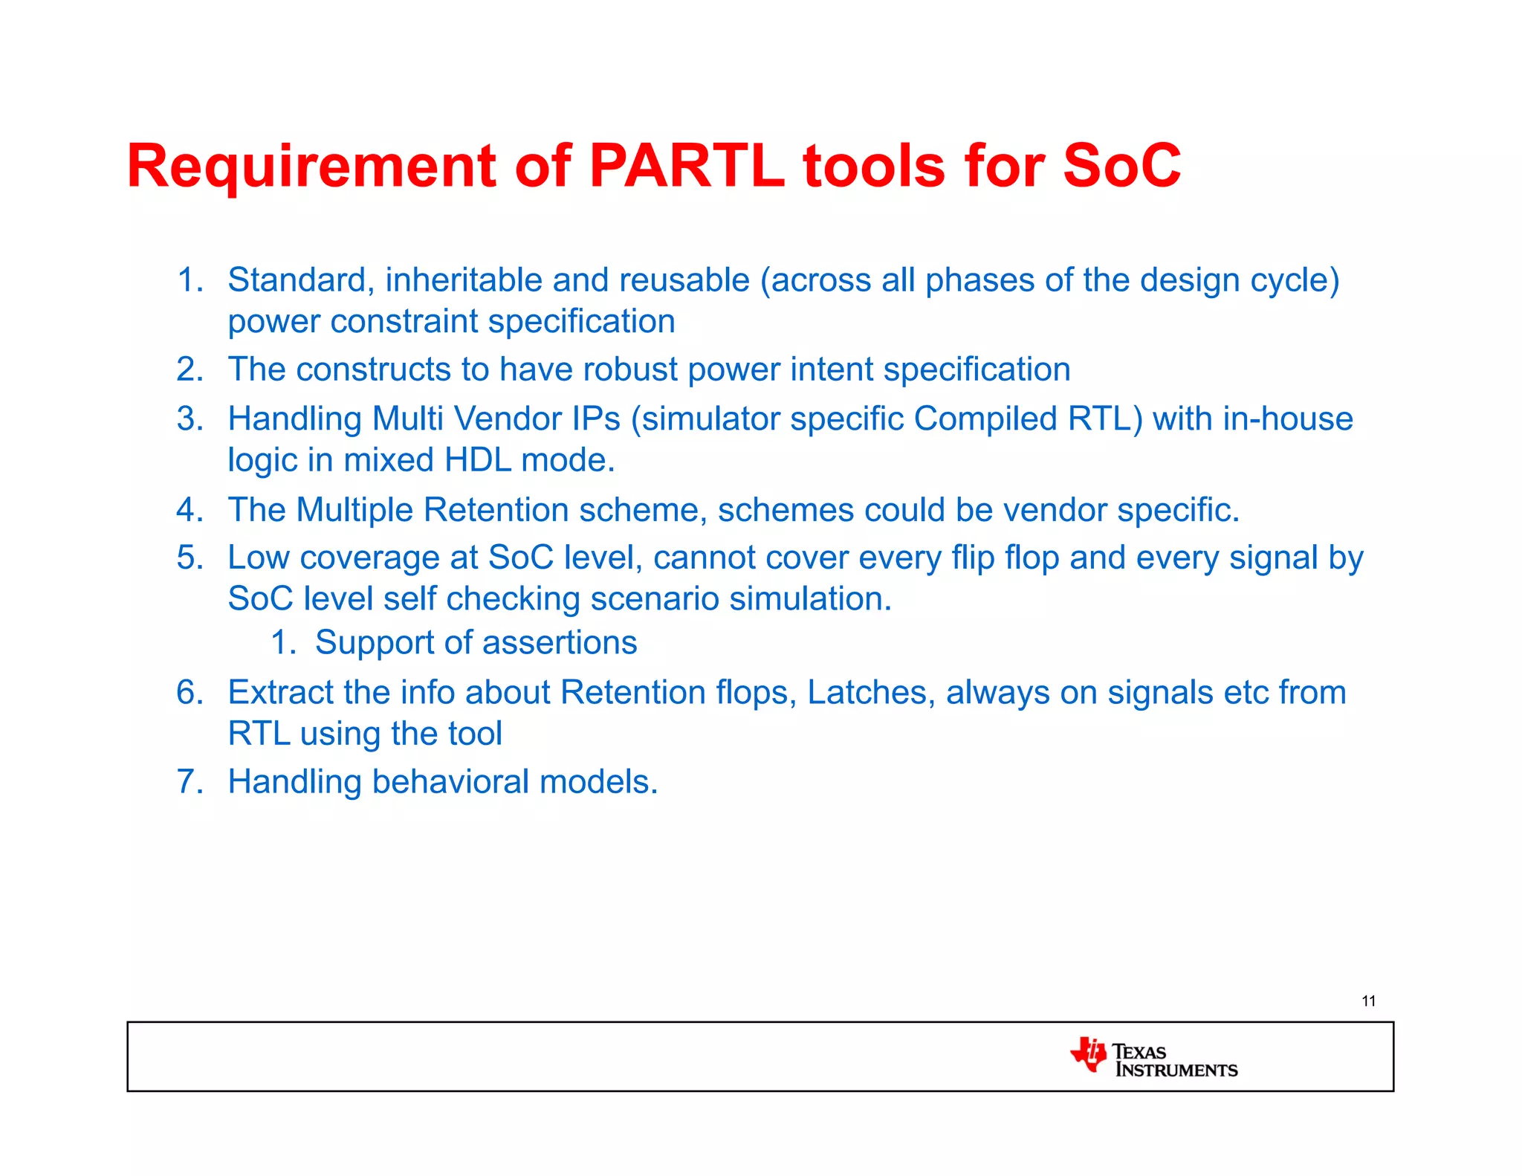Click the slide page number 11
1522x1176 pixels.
(1368, 1001)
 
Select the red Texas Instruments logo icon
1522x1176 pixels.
(1089, 1054)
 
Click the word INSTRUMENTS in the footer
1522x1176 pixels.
(1176, 1070)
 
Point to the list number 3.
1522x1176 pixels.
(189, 419)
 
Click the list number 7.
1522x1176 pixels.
(189, 782)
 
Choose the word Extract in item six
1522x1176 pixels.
(279, 693)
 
